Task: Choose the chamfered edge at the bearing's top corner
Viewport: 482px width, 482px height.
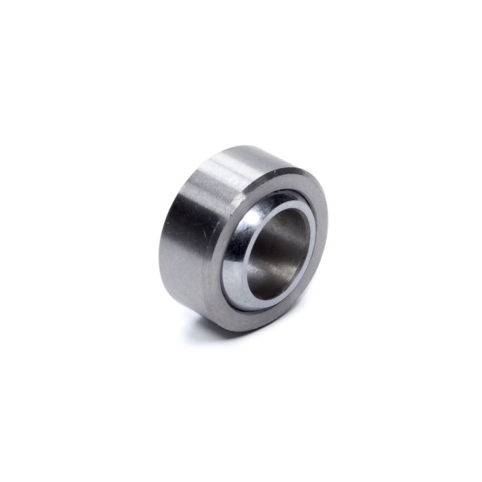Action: [x=275, y=165]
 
